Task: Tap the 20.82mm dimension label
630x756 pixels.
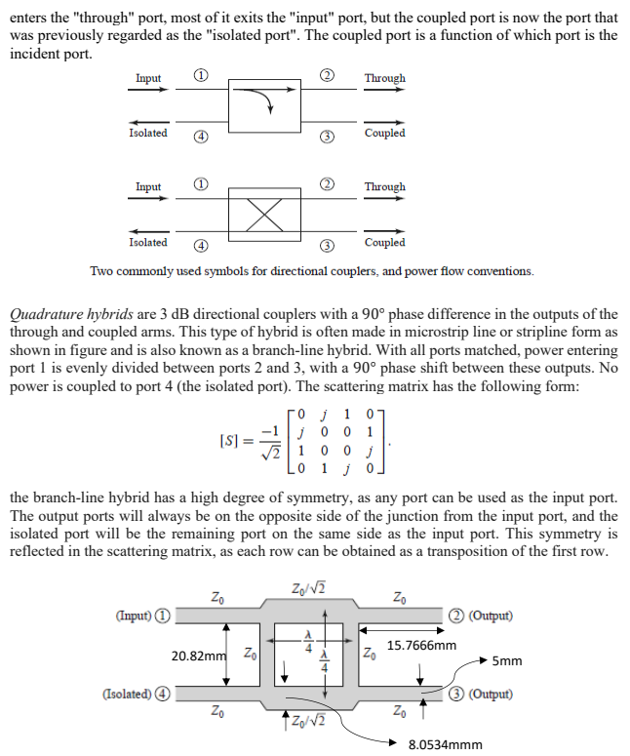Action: [x=199, y=655]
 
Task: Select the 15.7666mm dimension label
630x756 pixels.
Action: [x=421, y=645]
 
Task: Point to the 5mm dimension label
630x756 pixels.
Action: [x=507, y=660]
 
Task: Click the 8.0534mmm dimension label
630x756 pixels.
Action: [x=445, y=743]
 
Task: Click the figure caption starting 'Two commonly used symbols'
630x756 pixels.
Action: [x=312, y=270]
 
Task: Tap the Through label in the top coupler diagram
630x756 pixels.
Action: [x=384, y=78]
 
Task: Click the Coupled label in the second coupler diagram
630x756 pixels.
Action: [x=384, y=242]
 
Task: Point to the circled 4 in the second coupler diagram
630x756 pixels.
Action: [x=199, y=246]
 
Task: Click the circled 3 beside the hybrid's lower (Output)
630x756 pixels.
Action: [x=456, y=695]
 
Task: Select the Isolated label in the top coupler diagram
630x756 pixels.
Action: [x=148, y=133]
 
